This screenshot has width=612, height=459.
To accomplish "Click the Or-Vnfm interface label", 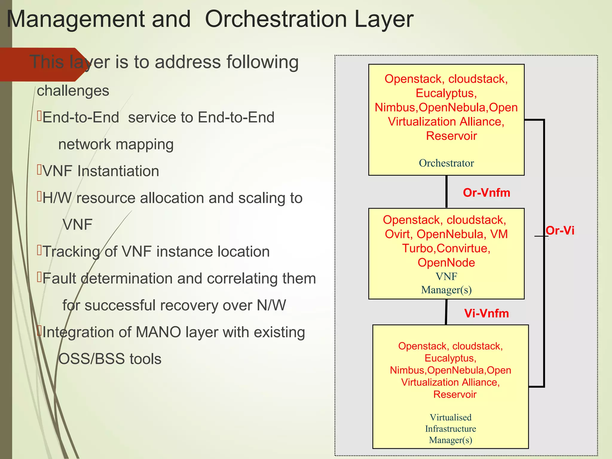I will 486,193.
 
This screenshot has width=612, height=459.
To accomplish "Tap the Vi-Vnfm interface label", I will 486,313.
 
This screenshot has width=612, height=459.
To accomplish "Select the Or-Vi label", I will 560,231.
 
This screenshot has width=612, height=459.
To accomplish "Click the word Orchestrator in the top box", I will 446,163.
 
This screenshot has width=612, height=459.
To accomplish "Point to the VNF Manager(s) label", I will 446,283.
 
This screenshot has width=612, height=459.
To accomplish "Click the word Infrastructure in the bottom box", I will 450,429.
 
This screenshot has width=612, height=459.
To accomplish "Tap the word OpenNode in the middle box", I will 446,263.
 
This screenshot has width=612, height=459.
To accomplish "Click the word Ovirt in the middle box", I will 398,234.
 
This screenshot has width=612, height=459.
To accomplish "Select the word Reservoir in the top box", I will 451,136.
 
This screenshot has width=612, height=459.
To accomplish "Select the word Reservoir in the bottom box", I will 455,394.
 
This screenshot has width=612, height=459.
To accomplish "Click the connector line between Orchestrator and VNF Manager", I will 446,192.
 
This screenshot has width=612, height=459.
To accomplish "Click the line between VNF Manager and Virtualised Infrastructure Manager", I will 446,312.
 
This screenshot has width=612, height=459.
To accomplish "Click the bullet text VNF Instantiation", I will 101,171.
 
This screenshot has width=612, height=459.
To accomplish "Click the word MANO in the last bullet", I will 158,332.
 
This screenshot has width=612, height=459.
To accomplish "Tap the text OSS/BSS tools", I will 110,359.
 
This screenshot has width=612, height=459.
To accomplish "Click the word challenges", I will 73,91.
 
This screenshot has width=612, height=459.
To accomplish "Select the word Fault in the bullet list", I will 59,279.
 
